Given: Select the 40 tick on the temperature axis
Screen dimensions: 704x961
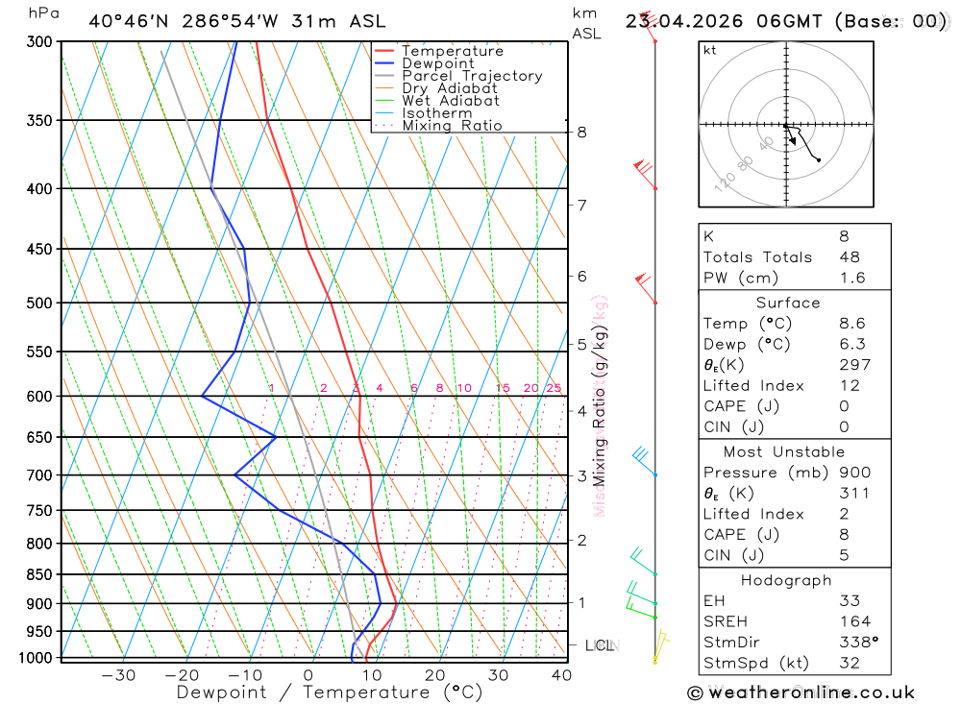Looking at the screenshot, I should pos(561,675).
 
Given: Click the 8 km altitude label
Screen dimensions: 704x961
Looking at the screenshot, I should pos(581,132).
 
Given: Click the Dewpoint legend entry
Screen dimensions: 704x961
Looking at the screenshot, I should pos(437,63).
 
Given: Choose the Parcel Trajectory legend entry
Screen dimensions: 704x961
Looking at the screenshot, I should pos(471,76).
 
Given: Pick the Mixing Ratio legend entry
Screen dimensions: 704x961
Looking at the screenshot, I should pos(452,126).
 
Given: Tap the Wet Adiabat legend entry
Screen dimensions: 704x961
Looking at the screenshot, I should pos(450,101).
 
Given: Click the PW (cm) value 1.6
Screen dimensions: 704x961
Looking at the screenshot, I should pos(852,278).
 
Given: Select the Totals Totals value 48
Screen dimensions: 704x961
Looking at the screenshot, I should pos(850,256).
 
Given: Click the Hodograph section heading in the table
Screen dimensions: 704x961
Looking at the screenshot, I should pos(786,580).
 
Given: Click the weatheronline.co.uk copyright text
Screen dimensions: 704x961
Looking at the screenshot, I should pos(801,692).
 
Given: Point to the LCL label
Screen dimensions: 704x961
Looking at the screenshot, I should pos(600,645).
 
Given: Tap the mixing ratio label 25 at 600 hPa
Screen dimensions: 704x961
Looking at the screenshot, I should pos(554,388).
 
